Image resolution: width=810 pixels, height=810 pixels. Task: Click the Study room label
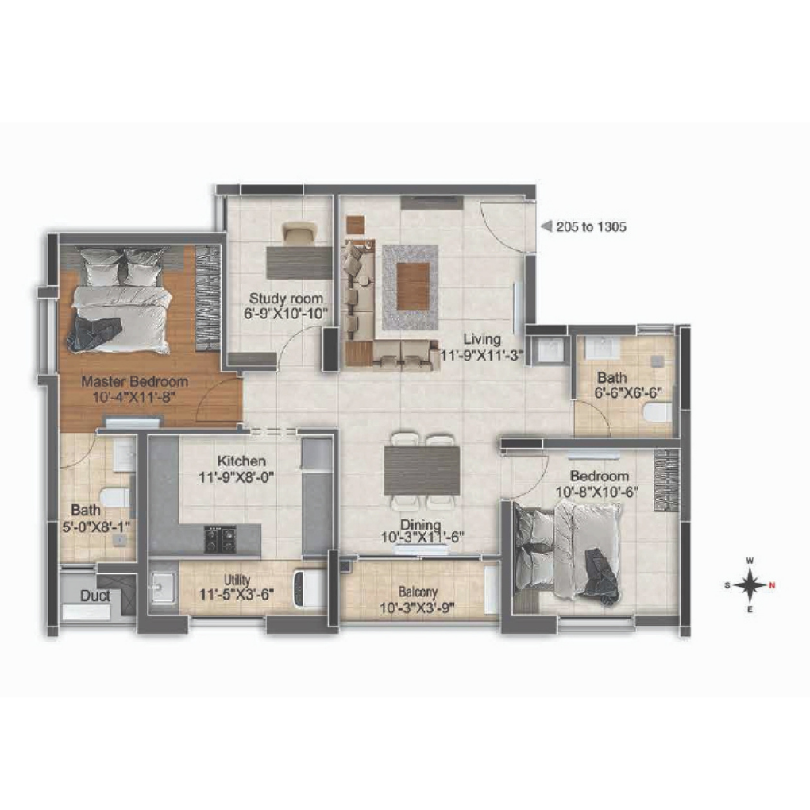click(286, 299)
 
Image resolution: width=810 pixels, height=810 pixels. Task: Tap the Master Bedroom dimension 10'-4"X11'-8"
click(135, 398)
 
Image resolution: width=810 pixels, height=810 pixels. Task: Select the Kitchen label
click(241, 461)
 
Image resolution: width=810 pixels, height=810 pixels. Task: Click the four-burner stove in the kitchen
click(221, 539)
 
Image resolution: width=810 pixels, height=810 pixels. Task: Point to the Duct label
click(95, 596)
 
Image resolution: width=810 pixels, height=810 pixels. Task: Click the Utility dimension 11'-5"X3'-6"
click(237, 595)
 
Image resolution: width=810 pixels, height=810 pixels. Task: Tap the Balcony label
click(418, 592)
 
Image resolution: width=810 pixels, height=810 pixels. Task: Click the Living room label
click(482, 339)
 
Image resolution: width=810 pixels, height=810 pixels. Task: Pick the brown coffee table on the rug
click(413, 286)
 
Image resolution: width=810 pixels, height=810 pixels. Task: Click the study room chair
click(299, 233)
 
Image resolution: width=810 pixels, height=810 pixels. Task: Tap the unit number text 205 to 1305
click(591, 226)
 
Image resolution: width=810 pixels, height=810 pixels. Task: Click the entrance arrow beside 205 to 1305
click(546, 226)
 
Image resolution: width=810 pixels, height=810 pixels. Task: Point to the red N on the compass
click(772, 585)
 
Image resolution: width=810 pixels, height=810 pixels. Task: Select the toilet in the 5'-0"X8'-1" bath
click(115, 497)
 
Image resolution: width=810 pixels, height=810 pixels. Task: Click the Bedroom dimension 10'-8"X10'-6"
click(597, 492)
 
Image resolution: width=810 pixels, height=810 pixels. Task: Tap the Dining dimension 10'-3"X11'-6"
click(422, 538)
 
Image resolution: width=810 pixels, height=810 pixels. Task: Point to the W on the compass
click(750, 561)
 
